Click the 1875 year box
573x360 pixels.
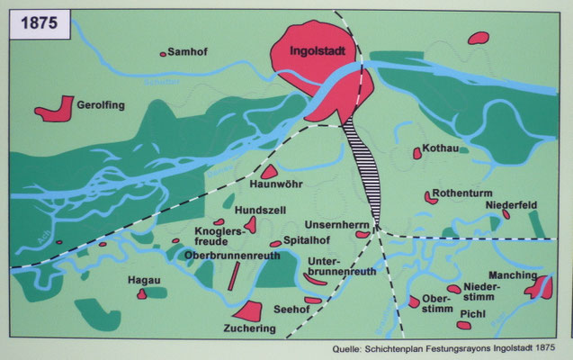point(36,24)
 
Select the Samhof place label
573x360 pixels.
point(190,52)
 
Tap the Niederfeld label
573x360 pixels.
point(512,205)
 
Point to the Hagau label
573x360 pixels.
point(145,280)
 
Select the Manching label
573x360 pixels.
point(513,274)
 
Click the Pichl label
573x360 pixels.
point(473,314)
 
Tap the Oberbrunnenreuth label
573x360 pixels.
point(232,255)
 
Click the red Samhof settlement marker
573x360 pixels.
point(163,54)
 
